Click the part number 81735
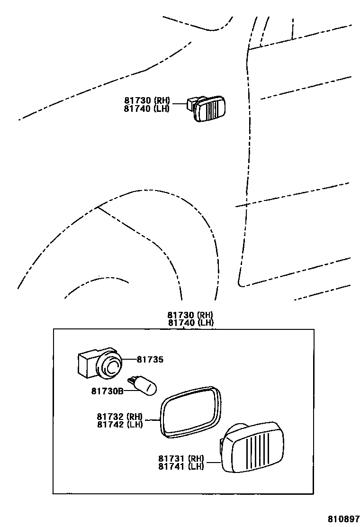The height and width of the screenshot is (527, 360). click(150, 360)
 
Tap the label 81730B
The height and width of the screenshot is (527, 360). click(107, 391)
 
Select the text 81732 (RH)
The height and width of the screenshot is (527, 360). click(120, 416)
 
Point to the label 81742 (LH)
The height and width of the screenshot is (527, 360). click(120, 424)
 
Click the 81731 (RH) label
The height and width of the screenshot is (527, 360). click(181, 458)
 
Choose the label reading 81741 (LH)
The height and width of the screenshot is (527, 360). click(181, 466)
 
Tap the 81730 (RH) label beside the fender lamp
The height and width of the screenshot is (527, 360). click(147, 100)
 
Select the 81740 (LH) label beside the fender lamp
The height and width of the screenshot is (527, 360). click(147, 109)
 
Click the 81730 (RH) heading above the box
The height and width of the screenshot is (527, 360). click(190, 315)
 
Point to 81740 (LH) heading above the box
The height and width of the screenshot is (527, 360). click(190, 323)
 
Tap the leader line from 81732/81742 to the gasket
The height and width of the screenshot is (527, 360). click(152, 420)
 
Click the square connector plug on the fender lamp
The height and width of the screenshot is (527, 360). click(191, 103)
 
